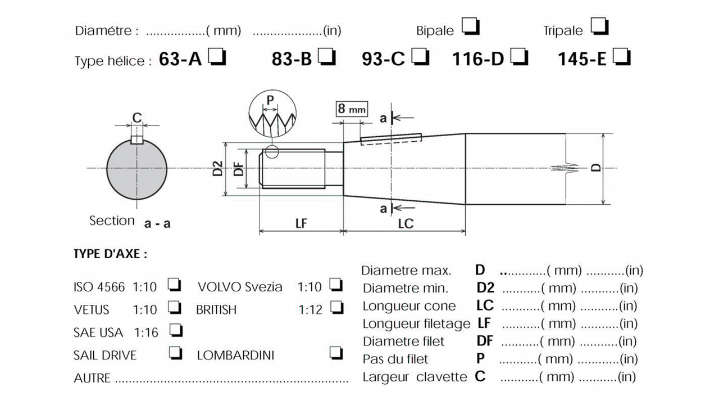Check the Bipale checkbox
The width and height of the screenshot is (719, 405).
coord(470,26)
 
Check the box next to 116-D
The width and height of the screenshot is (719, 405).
coord(519,57)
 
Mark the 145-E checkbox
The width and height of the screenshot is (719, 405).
coord(621,57)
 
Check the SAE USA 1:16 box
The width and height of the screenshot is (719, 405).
coord(176,330)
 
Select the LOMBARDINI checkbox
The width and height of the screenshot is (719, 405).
coord(337,353)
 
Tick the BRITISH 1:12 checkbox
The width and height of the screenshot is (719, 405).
coord(337,307)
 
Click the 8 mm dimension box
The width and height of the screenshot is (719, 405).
coord(352,109)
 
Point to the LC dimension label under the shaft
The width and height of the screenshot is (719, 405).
coord(406,223)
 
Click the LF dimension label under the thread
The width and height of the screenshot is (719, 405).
coord(301,223)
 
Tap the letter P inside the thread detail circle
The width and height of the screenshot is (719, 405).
coord(270,100)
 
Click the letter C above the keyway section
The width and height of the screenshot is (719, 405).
coord(136,118)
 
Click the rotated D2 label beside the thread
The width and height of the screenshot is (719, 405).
coord(218,169)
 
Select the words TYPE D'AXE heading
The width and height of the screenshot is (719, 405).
coord(110,254)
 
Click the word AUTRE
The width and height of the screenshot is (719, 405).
coord(92,378)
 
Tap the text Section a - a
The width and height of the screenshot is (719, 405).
coord(130,221)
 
